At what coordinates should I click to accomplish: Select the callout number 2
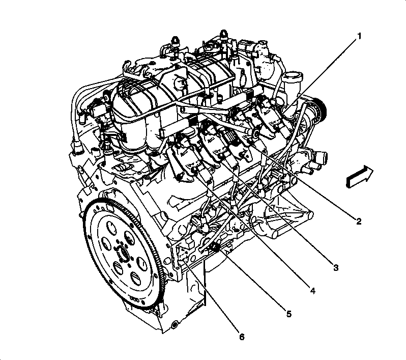359,221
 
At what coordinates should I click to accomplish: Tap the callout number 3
336,267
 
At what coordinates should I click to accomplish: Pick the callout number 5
288,314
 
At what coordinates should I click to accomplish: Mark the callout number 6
242,337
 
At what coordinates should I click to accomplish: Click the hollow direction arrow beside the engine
359,176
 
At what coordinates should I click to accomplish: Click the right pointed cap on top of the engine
223,35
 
